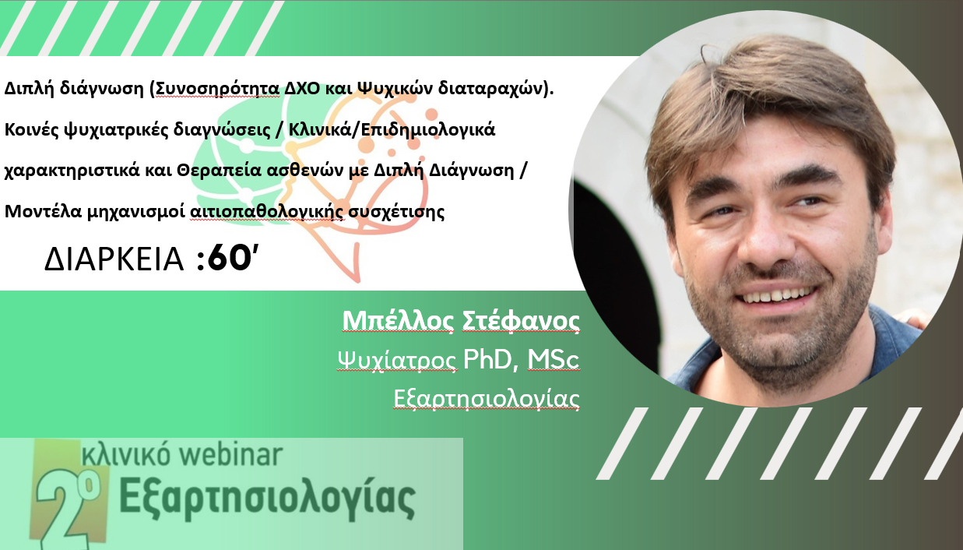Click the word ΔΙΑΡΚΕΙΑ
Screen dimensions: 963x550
[x=114, y=259]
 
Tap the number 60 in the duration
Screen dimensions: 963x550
[x=229, y=258]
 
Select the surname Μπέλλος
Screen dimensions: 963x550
[x=398, y=320]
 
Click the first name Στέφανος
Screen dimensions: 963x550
[x=521, y=320]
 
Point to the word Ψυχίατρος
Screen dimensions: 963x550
[x=396, y=359]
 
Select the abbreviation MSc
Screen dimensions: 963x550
[x=554, y=359]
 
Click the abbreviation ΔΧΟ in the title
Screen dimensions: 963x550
[x=302, y=88]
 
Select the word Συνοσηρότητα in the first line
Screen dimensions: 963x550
[x=217, y=88]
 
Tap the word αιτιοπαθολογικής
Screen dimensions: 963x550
[x=266, y=212]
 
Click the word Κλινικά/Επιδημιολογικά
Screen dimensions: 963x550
[x=392, y=129]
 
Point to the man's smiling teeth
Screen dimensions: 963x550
[x=777, y=295]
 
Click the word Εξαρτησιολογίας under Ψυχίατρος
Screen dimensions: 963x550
[x=487, y=399]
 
